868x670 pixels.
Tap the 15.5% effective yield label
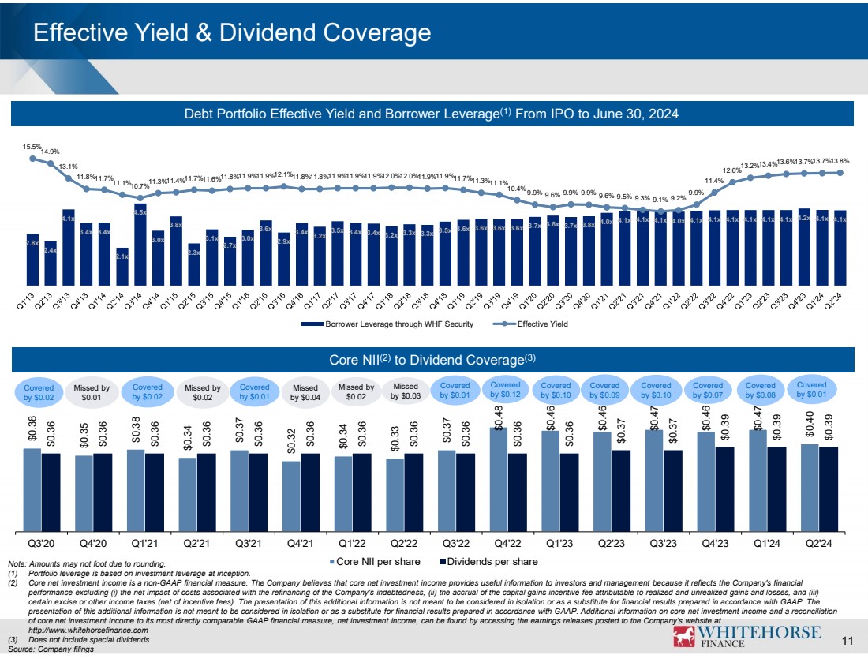(x=33, y=147)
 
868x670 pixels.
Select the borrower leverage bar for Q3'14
(x=140, y=245)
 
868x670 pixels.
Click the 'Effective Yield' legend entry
(x=537, y=324)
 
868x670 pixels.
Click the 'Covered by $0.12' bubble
(x=506, y=388)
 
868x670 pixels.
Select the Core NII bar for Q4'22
(x=499, y=479)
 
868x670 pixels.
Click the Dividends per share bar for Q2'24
(x=829, y=488)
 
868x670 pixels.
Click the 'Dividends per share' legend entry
(x=488, y=561)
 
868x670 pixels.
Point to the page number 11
(x=849, y=641)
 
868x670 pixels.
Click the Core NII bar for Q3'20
(x=32, y=489)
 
